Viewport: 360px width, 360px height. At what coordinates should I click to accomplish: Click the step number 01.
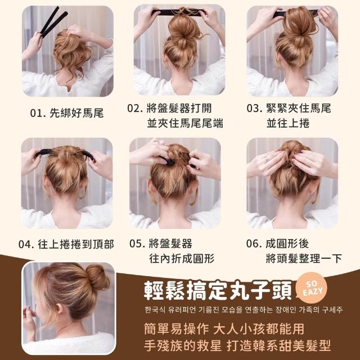pyautogui.click(x=36, y=113)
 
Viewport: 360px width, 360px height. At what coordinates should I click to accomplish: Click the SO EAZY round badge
pyautogui.click(x=312, y=288)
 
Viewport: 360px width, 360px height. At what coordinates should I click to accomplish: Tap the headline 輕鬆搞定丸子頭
pyautogui.click(x=218, y=290)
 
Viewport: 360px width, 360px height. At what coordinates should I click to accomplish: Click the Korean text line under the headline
pyautogui.click(x=244, y=310)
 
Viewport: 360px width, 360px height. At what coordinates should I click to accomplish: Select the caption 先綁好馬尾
pyautogui.click(x=76, y=113)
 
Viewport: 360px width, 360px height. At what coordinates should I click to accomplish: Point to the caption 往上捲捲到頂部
pyautogui.click(x=76, y=244)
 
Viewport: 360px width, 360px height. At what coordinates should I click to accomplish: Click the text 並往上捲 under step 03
pyautogui.click(x=288, y=123)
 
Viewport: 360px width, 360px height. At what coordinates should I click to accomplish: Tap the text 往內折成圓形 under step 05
pyautogui.click(x=182, y=259)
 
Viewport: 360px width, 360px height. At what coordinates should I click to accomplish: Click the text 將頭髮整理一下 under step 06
pyautogui.click(x=304, y=259)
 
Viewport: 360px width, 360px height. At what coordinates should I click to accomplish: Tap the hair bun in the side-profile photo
pyautogui.click(x=98, y=277)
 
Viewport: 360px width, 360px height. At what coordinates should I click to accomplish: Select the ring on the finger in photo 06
pyautogui.click(x=267, y=160)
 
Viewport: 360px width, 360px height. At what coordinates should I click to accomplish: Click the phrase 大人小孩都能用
pyautogui.click(x=259, y=328)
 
